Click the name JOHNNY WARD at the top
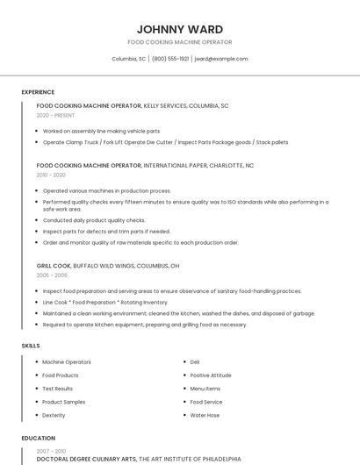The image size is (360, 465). click(179, 29)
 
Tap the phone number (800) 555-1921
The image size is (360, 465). click(170, 59)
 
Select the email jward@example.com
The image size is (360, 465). click(220, 59)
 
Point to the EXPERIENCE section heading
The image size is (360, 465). click(38, 92)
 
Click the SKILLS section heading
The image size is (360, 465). click(31, 346)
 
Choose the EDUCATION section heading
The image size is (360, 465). click(39, 438)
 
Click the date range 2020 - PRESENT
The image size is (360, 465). click(55, 116)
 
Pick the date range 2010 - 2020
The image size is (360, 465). click(51, 175)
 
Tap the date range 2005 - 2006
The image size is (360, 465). click(51, 275)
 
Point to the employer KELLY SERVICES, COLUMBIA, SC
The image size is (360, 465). click(186, 106)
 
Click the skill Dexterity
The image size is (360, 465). click(54, 415)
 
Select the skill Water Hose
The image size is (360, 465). click(205, 415)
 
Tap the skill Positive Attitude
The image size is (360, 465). click(211, 376)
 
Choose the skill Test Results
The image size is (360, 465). click(57, 389)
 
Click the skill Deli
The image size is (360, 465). click(195, 362)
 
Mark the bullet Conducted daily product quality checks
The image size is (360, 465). click(94, 220)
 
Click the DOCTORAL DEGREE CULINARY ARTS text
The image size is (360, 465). click(86, 458)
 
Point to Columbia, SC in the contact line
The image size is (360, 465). click(128, 59)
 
